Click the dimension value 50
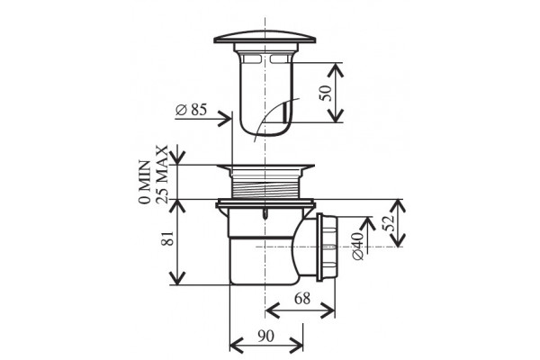[x=326, y=93]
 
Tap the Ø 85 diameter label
[x=192, y=110]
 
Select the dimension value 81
[x=168, y=238]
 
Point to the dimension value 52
[x=388, y=223]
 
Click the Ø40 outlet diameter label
[x=358, y=246]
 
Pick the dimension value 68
[x=302, y=298]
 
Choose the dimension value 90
[x=265, y=337]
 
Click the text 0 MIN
[x=145, y=182]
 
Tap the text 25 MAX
[x=162, y=175]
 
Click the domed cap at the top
[x=265, y=38]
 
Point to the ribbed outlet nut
[x=328, y=246]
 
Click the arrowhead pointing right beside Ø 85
[x=225, y=119]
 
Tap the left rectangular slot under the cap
[x=251, y=59]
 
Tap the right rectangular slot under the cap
[x=279, y=59]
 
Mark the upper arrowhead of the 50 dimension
[x=335, y=70]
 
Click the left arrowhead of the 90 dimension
[x=237, y=346]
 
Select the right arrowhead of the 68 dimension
[x=328, y=310]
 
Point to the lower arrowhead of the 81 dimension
[x=177, y=278]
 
